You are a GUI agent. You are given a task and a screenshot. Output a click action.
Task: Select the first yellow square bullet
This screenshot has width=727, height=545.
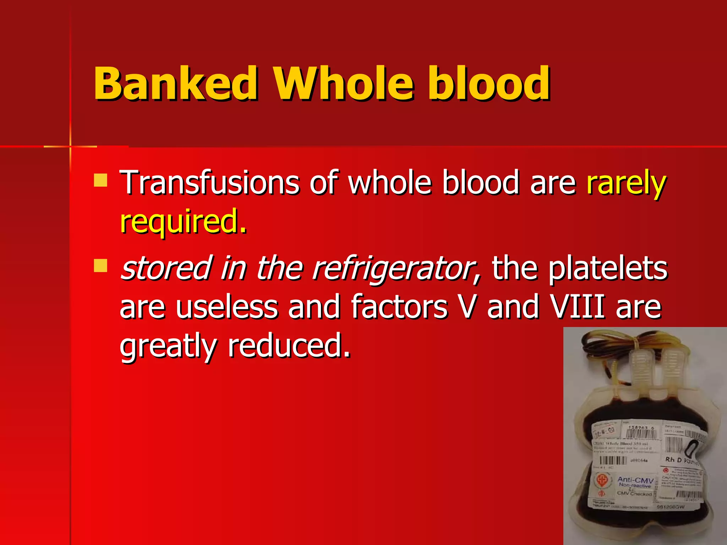point(100,180)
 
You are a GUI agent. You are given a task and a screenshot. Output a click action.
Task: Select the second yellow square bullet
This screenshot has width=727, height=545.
point(100,265)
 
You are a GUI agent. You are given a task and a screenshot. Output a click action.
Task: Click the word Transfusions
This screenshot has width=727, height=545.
point(209,182)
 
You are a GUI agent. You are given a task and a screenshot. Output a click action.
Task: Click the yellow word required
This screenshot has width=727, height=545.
point(183,222)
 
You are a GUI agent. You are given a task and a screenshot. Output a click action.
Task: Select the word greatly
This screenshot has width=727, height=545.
point(168,346)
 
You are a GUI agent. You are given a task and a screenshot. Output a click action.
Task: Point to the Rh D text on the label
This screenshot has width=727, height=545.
point(673,460)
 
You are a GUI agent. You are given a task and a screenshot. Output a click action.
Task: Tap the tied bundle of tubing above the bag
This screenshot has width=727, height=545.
point(636,341)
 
